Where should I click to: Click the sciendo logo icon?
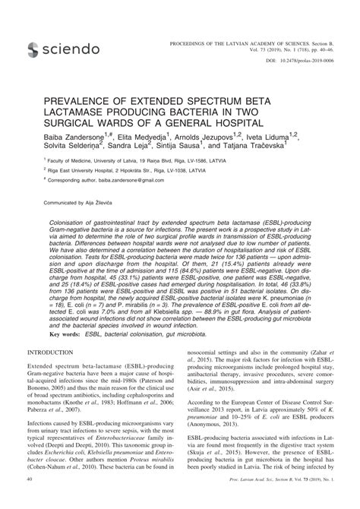click(x=33, y=50)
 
